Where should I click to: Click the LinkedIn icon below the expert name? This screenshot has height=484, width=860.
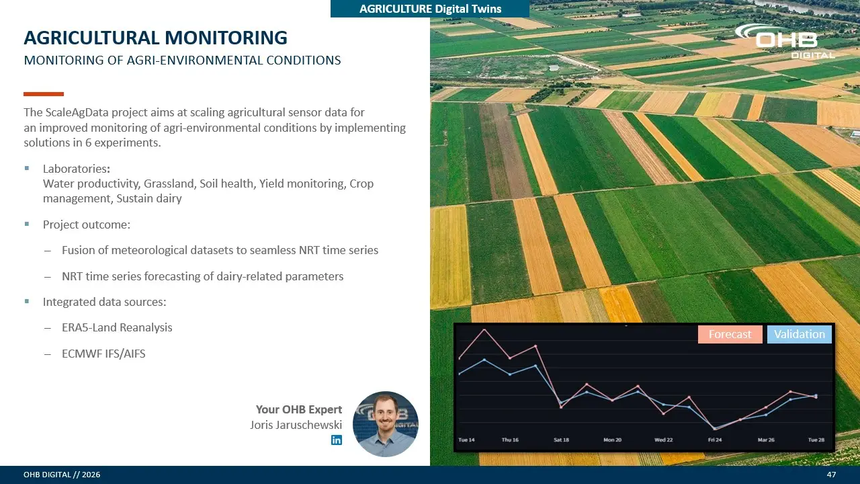click(337, 440)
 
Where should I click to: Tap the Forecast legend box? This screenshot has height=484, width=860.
click(730, 334)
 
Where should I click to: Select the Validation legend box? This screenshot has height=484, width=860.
click(800, 334)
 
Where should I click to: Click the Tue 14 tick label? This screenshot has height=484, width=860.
click(466, 440)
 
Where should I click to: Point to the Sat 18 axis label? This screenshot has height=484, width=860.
click(561, 440)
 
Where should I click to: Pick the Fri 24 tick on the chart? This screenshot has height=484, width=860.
click(715, 440)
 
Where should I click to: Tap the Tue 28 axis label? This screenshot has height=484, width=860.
click(816, 440)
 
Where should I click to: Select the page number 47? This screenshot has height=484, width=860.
click(831, 475)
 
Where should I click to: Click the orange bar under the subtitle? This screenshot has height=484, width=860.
click(44, 94)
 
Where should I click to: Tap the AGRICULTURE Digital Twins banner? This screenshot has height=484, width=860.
click(430, 9)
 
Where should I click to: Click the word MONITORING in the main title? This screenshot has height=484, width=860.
click(226, 38)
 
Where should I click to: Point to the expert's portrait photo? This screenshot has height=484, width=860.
click(386, 424)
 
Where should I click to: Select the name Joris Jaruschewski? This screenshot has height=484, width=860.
click(296, 425)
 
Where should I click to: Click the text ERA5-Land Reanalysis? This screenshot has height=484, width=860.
click(117, 327)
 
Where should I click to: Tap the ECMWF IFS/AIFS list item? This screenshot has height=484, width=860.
click(103, 354)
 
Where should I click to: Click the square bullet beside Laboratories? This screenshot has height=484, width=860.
click(27, 168)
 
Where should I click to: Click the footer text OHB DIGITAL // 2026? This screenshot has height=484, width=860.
click(62, 475)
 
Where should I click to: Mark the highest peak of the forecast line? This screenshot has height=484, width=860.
click(484, 329)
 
